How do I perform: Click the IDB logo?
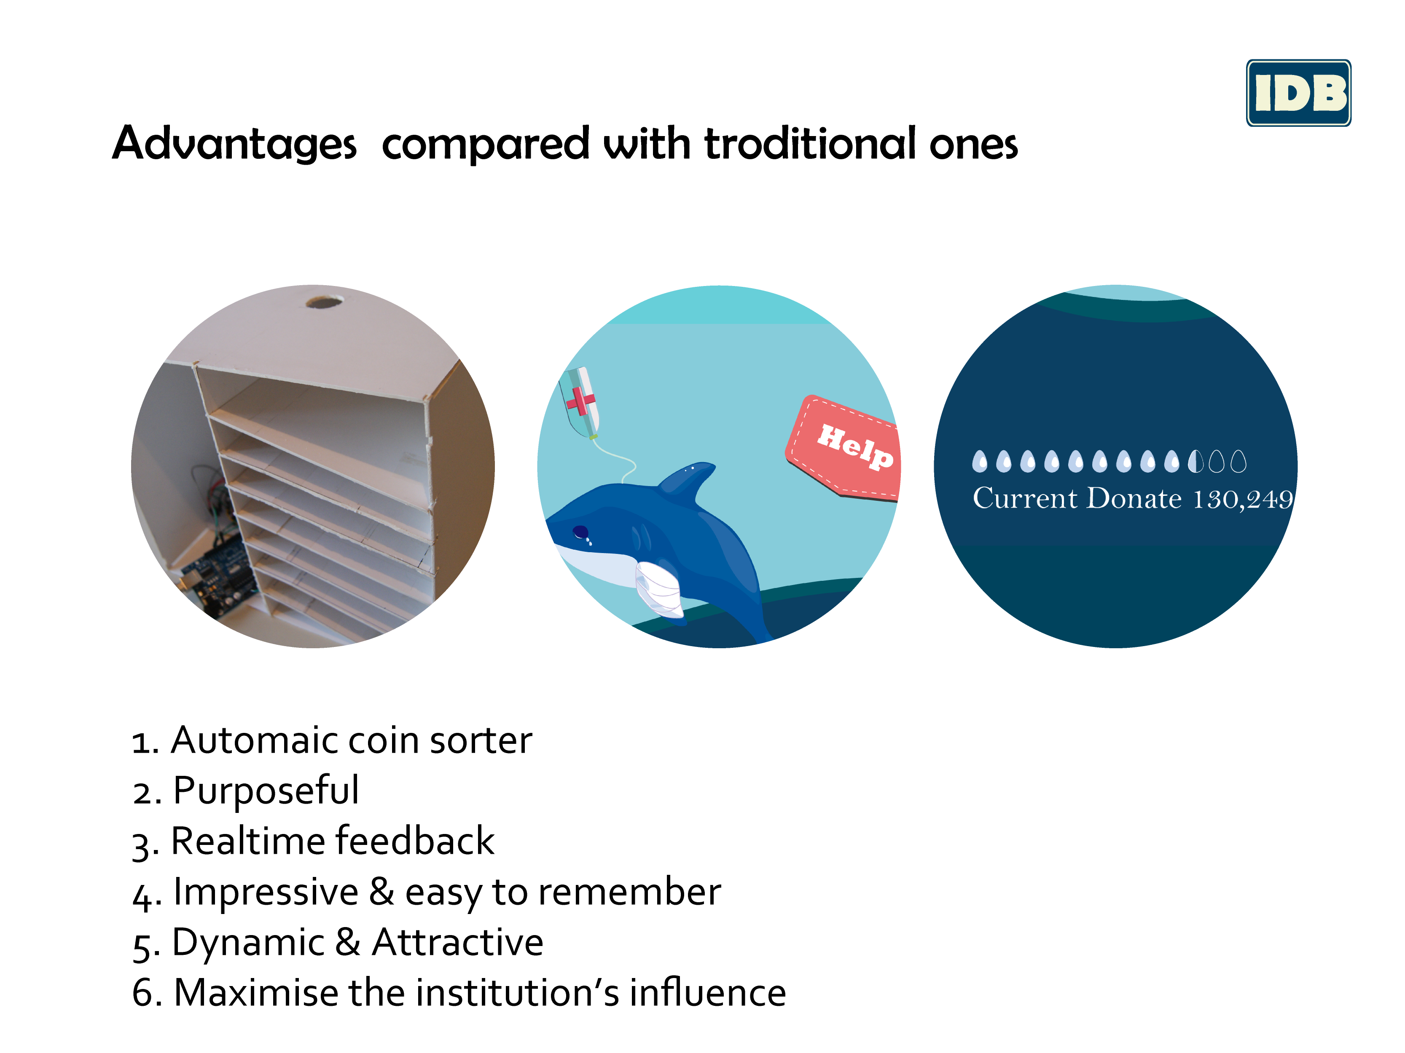tap(1298, 93)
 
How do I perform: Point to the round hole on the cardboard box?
tap(325, 302)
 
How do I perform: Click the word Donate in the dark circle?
tap(1134, 498)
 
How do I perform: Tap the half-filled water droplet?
tap(1195, 462)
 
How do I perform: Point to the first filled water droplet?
tap(980, 462)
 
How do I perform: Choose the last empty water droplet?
tap(1238, 462)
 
